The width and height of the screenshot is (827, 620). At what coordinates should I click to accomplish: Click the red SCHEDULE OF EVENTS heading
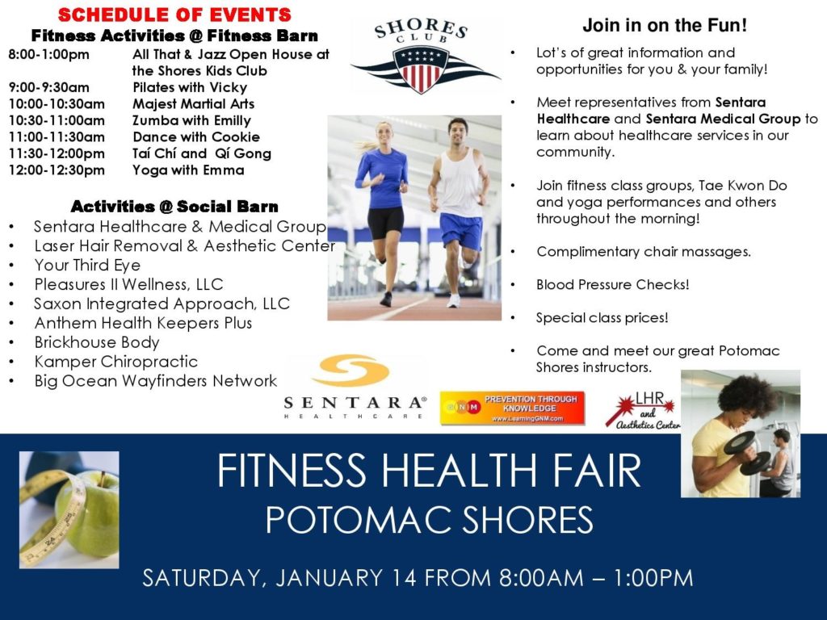coord(174,15)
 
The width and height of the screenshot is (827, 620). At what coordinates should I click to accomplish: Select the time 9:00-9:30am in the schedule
coord(49,87)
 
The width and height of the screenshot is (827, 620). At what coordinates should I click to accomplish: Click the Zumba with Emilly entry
coord(192,121)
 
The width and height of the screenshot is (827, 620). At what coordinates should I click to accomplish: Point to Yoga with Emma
coord(188,170)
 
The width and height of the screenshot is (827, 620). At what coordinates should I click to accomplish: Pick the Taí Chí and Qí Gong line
coord(202,153)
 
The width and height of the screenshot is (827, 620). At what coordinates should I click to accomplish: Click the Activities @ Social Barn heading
coord(174,206)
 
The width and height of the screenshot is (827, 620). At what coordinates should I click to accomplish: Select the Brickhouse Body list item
coord(97,342)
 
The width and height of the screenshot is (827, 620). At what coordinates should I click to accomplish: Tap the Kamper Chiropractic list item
coord(116,362)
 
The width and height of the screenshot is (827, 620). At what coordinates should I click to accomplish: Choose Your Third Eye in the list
coord(87,265)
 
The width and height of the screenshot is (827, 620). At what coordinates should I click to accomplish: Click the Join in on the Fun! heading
coord(665,25)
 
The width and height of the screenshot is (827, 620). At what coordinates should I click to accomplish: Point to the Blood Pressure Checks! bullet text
coord(613,285)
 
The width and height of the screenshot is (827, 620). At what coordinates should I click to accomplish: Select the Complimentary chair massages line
coord(644,252)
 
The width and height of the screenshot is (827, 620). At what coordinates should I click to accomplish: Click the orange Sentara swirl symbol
coord(351,370)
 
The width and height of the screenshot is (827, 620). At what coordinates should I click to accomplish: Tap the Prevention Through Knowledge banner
coord(513,408)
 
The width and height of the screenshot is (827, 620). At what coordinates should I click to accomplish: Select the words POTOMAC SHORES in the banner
coord(430,520)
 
